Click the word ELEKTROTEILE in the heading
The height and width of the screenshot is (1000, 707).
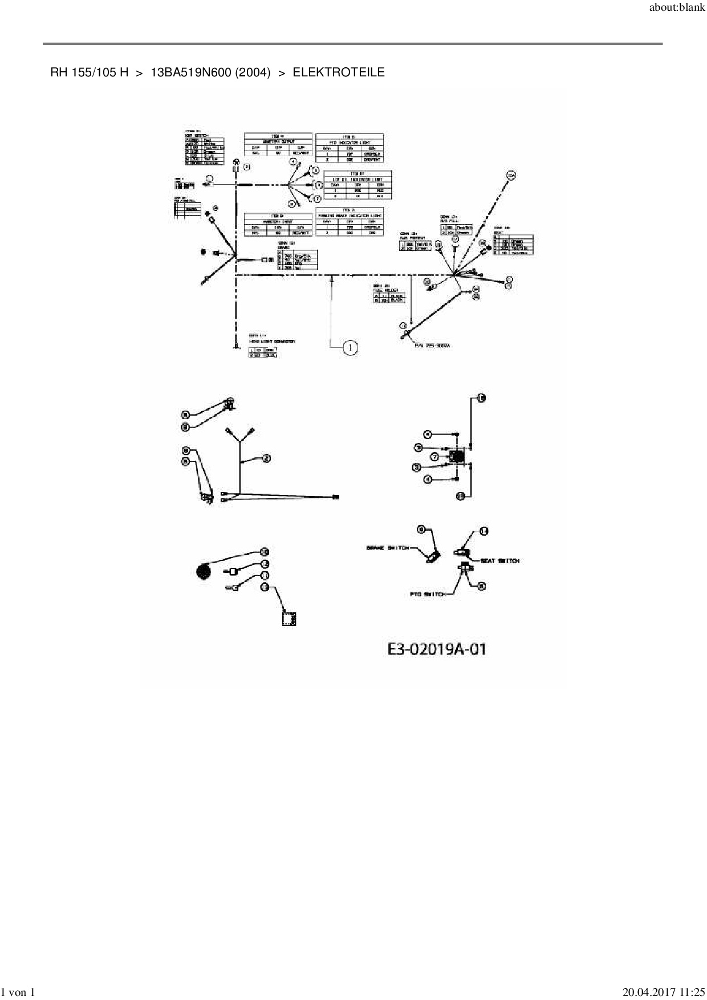point(339,72)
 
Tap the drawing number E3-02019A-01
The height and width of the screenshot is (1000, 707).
point(437,649)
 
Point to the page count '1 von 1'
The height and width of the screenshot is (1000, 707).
point(19,993)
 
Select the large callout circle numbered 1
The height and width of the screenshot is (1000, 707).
point(350,347)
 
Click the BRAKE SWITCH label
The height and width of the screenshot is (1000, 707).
point(387,548)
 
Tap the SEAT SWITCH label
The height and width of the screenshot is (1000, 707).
point(500,560)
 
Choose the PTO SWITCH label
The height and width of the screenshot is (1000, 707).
point(427,594)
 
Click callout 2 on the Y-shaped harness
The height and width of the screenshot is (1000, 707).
point(266,458)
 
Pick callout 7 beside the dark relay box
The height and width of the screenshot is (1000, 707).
point(434,457)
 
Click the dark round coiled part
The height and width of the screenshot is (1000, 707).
point(203,571)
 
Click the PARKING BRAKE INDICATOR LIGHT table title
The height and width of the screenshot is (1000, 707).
point(350,216)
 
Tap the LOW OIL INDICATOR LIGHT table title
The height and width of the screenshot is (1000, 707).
point(357,179)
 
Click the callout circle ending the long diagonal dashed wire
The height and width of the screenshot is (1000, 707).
point(511,175)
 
